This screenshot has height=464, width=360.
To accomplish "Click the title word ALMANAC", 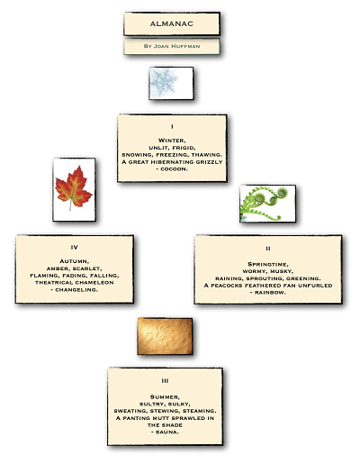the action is tap(172, 23).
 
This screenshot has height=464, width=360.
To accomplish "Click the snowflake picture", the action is tap(171, 83).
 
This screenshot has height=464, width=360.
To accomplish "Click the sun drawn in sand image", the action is tap(165, 336).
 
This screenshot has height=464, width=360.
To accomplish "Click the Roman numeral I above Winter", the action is tap(172, 127).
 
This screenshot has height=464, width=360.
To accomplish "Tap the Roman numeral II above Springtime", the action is tap(268, 249).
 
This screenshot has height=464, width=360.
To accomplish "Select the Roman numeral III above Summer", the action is tap(165, 381).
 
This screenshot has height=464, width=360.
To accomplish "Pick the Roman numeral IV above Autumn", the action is tap(75, 247).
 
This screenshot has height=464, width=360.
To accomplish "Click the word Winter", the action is tap(172, 141).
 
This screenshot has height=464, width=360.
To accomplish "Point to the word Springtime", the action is tap(268, 264).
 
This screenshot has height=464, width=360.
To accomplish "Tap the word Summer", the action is tap(165, 397).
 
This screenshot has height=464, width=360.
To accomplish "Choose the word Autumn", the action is tap(75, 261).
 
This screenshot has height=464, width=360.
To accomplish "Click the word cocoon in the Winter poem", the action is tap(174, 169).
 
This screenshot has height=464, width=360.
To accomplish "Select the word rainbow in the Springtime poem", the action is tap(270, 293).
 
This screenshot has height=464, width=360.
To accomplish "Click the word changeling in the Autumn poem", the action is tap(76, 290).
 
